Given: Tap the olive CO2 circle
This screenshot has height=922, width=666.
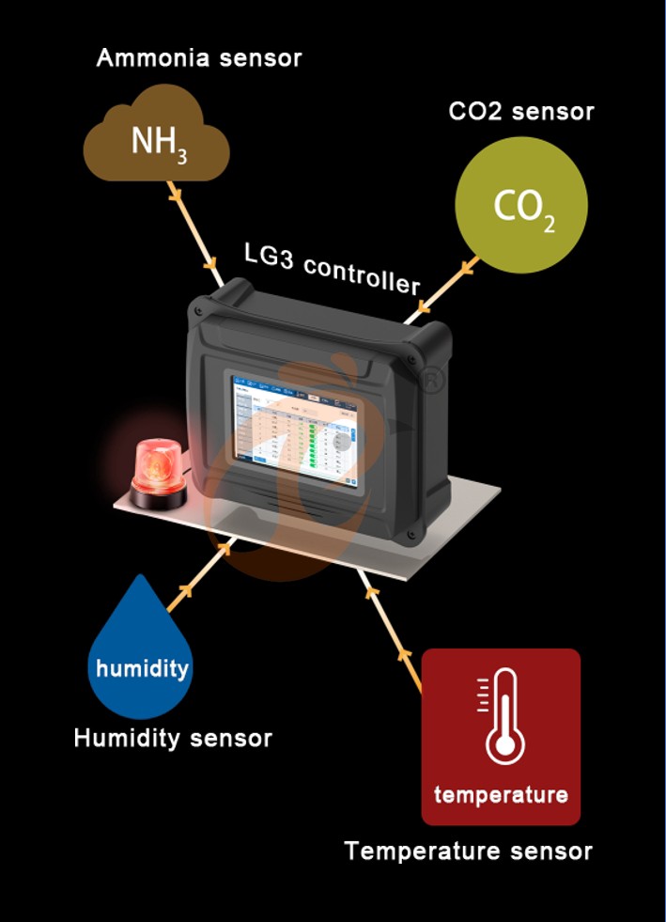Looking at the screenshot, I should tap(521, 205).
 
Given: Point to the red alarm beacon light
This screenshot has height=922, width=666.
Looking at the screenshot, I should tap(157, 465).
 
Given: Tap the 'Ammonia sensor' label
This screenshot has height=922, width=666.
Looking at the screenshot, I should tap(199, 58).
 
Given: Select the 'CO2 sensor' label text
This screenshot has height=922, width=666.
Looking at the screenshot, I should tap(521, 111).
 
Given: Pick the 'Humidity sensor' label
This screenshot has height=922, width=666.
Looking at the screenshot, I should tap(173, 738).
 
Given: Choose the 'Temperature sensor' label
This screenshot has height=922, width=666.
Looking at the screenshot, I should tap(468, 852).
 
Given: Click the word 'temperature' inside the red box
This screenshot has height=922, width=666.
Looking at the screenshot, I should tap(501, 794).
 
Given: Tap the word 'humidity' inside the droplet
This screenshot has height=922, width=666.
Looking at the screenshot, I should tap(142, 669).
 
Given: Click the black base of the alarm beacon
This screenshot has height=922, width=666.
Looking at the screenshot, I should tap(158, 499).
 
